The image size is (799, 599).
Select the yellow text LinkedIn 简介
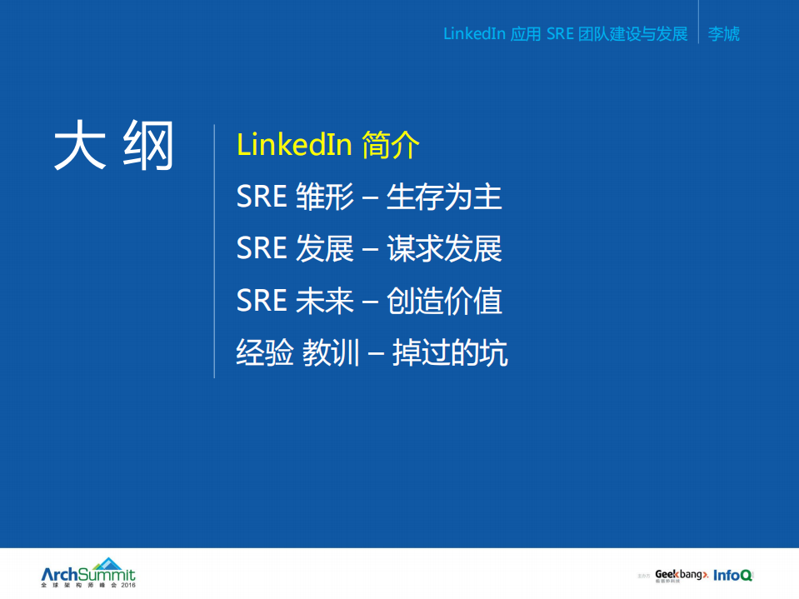point(328,145)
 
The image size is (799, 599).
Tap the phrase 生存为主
point(444,197)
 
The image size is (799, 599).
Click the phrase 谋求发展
point(444,249)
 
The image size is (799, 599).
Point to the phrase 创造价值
point(444,301)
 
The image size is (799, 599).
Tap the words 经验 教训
point(297,353)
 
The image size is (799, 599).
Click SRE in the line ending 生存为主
point(262,197)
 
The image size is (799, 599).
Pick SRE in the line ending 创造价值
point(262,301)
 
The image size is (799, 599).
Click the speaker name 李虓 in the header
point(723,34)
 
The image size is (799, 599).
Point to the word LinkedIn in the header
point(473,34)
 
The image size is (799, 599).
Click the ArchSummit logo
point(87,573)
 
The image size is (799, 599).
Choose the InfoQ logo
point(733,575)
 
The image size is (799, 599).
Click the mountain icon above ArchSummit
point(107,562)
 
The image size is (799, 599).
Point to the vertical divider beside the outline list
point(215,250)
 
